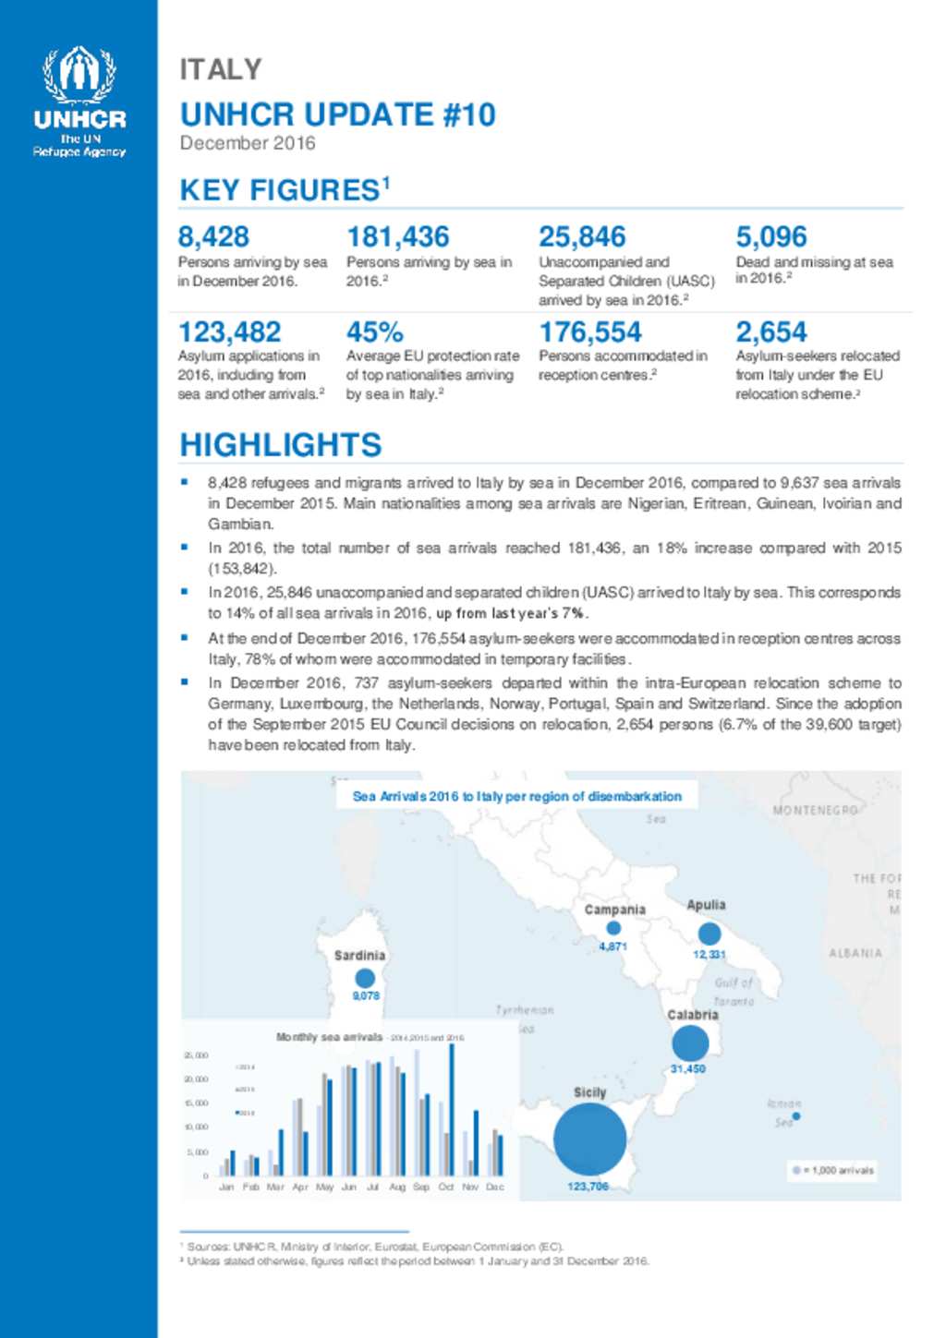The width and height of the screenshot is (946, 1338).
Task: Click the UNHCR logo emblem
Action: tap(79, 75)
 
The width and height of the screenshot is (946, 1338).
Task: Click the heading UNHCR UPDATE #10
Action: tap(337, 115)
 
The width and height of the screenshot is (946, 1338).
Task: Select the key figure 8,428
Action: tap(213, 236)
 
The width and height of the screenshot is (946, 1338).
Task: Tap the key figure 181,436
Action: tap(397, 236)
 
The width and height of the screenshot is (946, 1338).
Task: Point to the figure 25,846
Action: tap(582, 236)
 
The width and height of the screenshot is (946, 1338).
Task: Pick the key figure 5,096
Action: tap(770, 236)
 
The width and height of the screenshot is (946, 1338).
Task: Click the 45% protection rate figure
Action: tap(374, 331)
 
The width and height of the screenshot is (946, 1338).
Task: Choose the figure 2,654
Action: tap(770, 331)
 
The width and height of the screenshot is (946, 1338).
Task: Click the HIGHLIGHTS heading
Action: tap(280, 444)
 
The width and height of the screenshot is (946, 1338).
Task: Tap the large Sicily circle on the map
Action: tap(589, 1139)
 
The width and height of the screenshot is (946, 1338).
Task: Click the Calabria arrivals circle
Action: tap(689, 1043)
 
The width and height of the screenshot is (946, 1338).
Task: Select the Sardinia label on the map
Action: tap(359, 955)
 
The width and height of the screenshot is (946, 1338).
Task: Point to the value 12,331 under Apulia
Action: tap(709, 954)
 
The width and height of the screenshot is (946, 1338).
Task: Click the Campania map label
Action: tap(614, 910)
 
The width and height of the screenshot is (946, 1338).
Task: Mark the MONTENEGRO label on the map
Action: tap(814, 810)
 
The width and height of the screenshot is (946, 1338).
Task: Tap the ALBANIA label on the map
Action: tap(855, 953)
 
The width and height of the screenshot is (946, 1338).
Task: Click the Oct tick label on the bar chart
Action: tap(446, 1187)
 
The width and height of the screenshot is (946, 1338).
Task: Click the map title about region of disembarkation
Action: tap(516, 796)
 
